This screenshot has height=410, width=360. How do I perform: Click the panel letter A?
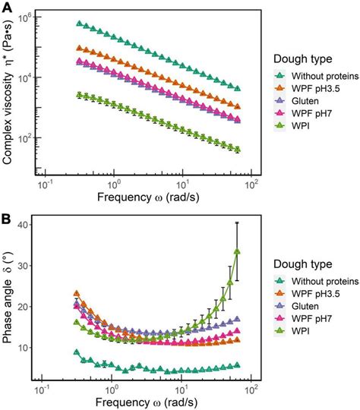pos(7,7)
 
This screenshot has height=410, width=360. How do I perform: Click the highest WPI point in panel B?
pos(237,251)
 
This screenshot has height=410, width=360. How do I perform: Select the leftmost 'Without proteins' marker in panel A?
pos(79,23)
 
